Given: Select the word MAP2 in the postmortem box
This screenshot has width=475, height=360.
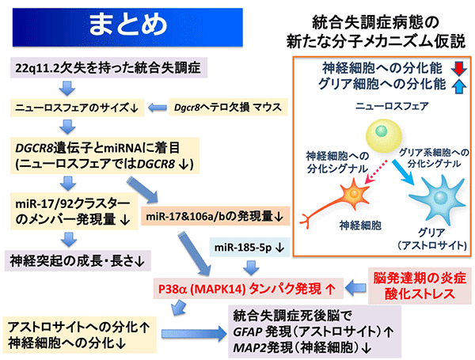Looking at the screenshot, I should (249, 347).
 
